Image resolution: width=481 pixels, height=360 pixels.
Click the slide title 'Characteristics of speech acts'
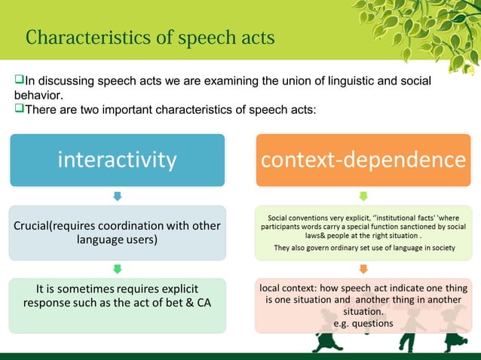tap(150, 37)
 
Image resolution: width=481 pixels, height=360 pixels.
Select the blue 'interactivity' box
tap(117, 160)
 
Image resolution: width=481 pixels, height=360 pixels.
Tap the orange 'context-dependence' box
tap(363, 160)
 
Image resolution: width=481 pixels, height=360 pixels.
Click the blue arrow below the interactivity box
tap(117, 197)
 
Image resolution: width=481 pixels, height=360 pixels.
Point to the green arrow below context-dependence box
tap(363, 197)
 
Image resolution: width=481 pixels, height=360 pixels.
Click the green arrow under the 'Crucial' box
tap(117, 269)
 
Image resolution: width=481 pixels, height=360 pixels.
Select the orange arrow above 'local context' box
tap(363, 269)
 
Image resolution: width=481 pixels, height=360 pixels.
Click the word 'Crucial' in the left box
tap(37, 226)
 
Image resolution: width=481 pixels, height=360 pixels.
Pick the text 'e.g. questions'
tap(363, 323)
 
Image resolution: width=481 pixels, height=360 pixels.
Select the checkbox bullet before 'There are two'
tap(20, 110)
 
